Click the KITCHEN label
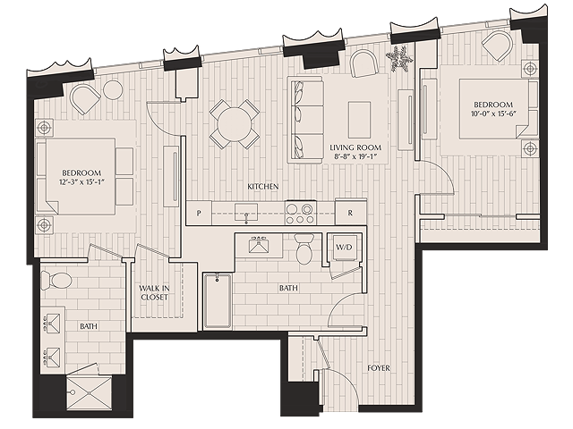pos(263,186)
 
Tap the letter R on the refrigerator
pos(350,214)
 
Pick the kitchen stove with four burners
pos(299,213)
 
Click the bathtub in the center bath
pos(218,301)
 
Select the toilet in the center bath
pos(304,250)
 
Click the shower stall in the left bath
pos(89,391)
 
